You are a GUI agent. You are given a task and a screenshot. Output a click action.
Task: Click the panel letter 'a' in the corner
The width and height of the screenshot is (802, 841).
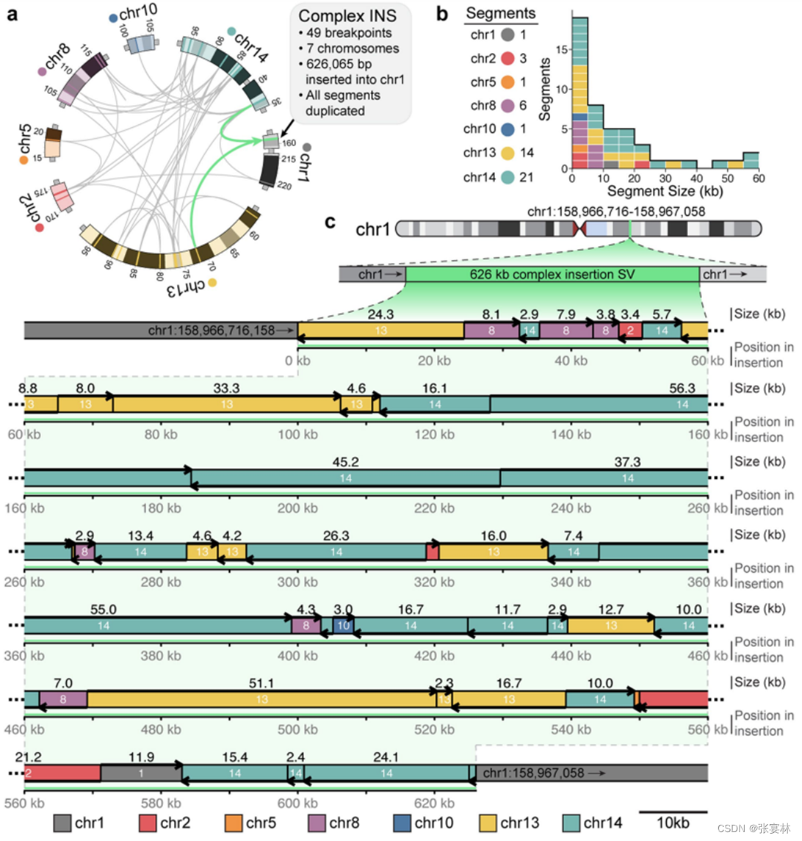pyautogui.click(x=12, y=13)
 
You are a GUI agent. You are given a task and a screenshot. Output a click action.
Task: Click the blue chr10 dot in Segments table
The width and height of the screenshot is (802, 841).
pyautogui.click(x=508, y=129)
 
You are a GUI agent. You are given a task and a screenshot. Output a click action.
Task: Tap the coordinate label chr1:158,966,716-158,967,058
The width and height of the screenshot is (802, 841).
pyautogui.click(x=616, y=212)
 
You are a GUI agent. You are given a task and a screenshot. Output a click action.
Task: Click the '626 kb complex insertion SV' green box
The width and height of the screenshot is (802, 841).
pyautogui.click(x=552, y=275)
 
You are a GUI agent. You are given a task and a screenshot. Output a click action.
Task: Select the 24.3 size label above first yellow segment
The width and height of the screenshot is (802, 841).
pyautogui.click(x=380, y=314)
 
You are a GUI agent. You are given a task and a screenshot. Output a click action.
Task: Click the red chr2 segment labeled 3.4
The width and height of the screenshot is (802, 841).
pyautogui.click(x=630, y=331)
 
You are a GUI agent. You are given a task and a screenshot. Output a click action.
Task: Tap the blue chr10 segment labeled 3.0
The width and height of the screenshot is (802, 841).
pyautogui.click(x=343, y=626)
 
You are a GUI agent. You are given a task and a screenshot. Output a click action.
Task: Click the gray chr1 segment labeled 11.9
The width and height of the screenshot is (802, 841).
pyautogui.click(x=141, y=773)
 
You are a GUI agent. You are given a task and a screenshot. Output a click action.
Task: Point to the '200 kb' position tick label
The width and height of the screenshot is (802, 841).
pyautogui.click(x=298, y=508)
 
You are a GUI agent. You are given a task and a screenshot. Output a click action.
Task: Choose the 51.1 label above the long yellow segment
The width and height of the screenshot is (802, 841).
pyautogui.click(x=262, y=684)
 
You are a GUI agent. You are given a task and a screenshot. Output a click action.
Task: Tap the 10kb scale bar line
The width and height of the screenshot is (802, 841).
pyautogui.click(x=673, y=812)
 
